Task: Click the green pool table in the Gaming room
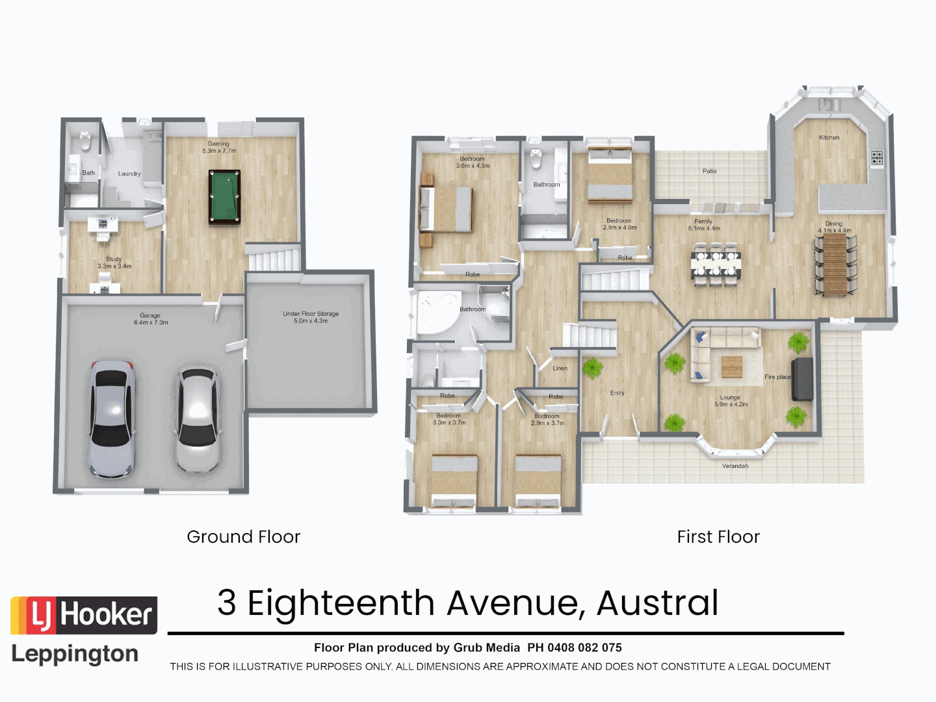pos(224,197)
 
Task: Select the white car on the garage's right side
pos(197,419)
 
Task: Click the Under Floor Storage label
pos(311,317)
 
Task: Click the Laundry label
pos(129,174)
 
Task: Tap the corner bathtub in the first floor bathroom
pos(434,314)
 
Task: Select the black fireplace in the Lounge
pos(802,378)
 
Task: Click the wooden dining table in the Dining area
pos(835,265)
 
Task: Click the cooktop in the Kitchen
pos(876,157)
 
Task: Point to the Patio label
pos(709,171)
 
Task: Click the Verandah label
pos(734,465)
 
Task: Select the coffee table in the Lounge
pos(732,367)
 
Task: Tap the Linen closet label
pos(560,368)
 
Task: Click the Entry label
pos(617,393)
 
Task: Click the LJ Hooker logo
pos(84,615)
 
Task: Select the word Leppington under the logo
pos(75,654)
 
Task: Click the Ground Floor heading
pos(243,537)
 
